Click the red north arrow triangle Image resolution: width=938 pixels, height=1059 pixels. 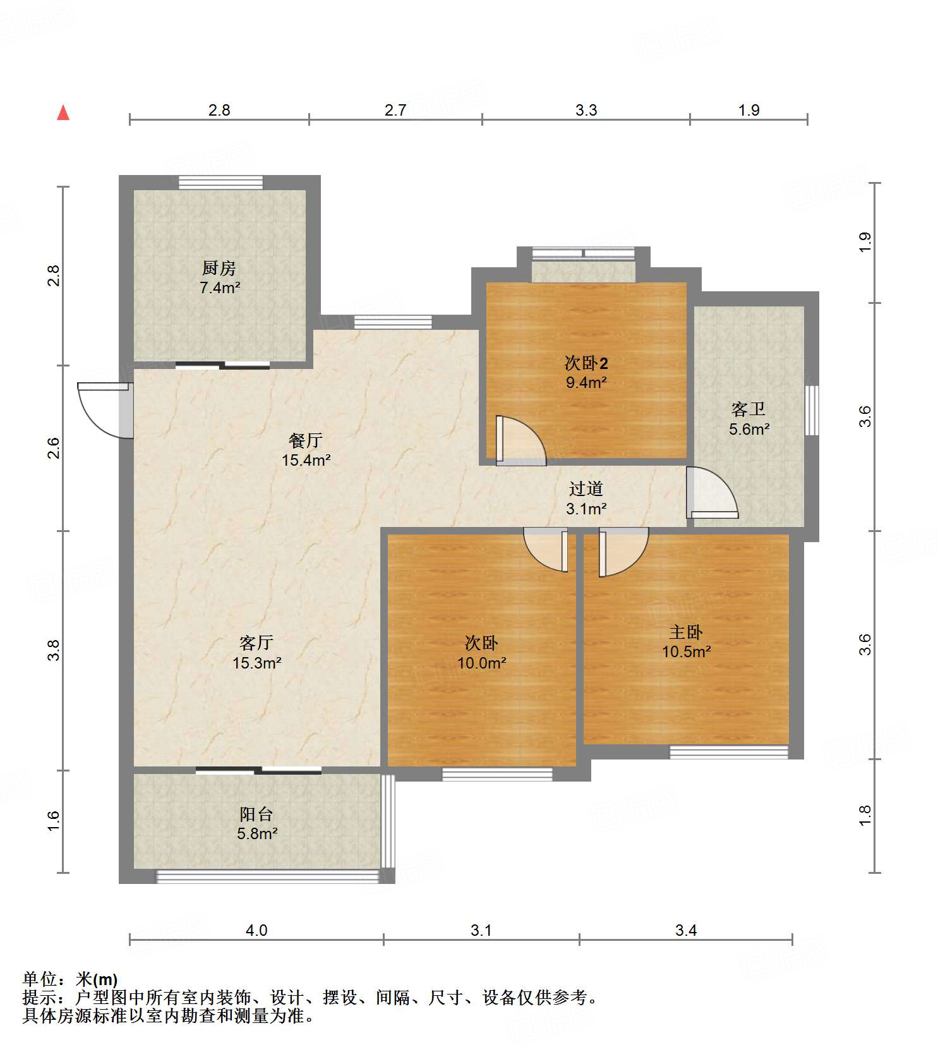click(x=63, y=112)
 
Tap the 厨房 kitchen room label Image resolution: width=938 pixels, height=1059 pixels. click(x=219, y=268)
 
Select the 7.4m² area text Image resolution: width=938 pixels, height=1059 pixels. click(x=220, y=288)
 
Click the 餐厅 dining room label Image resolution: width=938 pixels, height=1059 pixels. click(x=306, y=440)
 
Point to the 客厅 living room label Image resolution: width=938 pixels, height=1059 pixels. click(x=256, y=643)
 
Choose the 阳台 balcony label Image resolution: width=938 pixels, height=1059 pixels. click(x=256, y=814)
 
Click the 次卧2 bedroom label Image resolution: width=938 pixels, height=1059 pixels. click(x=586, y=363)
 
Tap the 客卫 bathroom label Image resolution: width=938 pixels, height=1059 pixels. click(x=749, y=409)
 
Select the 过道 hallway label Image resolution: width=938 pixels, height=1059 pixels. click(x=586, y=488)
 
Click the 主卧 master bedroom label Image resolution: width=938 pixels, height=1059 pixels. click(x=686, y=632)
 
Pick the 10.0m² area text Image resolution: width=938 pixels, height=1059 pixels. click(x=482, y=663)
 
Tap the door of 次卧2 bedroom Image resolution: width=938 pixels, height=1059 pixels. click(x=520, y=440)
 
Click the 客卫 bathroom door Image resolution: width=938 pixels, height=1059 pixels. click(x=712, y=492)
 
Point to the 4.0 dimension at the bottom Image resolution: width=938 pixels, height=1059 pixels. click(x=256, y=930)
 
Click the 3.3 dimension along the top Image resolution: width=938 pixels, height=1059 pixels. click(x=586, y=110)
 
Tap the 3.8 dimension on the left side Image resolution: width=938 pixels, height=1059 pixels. click(x=54, y=650)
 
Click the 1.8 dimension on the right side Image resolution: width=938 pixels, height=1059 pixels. click(x=865, y=815)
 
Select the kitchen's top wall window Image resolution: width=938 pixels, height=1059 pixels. click(x=220, y=182)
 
